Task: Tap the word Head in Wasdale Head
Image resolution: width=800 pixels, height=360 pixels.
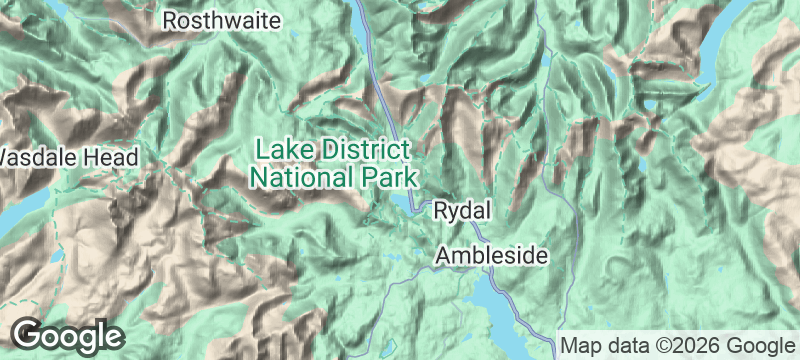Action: point(112,157)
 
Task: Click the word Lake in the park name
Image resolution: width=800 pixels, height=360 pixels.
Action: point(279,150)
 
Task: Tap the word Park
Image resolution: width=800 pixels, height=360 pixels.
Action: point(384,178)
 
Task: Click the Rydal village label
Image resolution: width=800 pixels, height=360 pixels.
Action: point(461,211)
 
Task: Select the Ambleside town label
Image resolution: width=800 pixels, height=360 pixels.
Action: point(491,257)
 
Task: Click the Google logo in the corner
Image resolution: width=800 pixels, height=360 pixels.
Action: point(67,335)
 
